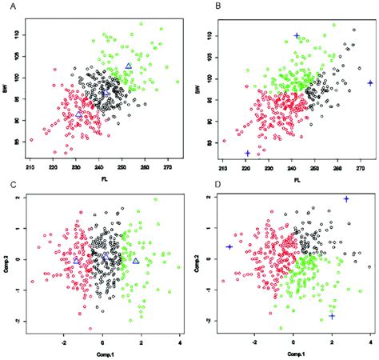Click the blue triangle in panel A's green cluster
(129, 66)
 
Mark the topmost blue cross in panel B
(297, 35)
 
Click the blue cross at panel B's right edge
(369, 83)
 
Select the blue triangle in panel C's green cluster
(136, 261)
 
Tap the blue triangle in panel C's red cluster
(76, 261)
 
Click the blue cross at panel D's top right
(346, 199)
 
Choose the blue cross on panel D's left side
(229, 247)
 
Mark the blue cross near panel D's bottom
(332, 316)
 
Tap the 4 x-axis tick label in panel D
(369, 342)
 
